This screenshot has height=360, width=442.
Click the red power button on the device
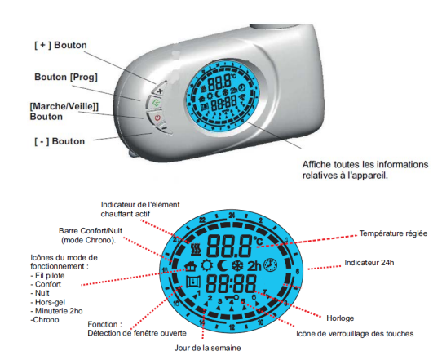(157, 118)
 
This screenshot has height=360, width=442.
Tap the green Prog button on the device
(155, 103)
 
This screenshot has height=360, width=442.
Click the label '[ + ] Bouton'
(60, 46)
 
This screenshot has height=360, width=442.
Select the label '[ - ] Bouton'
(60, 141)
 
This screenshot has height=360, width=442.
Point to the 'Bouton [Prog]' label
(66, 78)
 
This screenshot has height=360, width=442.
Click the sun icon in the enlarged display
(207, 265)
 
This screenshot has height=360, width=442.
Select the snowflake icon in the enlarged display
(238, 266)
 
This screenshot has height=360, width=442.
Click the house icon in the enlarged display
(191, 266)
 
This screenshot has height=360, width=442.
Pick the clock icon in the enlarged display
(270, 265)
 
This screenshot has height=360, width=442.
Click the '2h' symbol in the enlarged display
(254, 266)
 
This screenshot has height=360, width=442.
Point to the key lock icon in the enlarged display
(232, 297)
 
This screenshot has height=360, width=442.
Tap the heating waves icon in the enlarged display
(196, 249)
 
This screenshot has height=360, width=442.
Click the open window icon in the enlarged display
(193, 282)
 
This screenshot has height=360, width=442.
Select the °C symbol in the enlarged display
(258, 241)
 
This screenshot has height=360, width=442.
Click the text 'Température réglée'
(393, 233)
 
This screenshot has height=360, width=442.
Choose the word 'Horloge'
(340, 318)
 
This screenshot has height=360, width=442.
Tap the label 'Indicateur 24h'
(369, 263)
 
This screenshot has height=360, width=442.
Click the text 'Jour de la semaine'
(207, 348)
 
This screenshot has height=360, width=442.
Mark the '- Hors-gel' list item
(47, 302)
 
